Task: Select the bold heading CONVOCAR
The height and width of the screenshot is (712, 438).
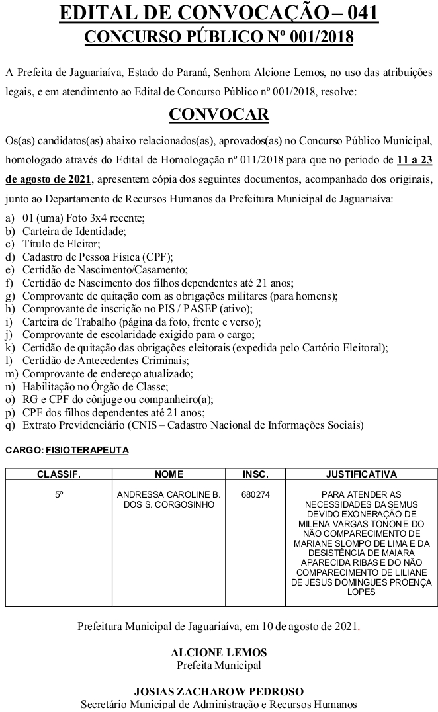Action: (219, 114)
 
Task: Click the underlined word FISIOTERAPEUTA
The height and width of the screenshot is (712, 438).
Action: (87, 450)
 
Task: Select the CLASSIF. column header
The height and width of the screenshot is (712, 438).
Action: (59, 474)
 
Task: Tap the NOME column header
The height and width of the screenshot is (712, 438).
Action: (169, 474)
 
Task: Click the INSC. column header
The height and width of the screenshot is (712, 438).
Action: (255, 474)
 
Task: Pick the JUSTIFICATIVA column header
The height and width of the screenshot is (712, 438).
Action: (361, 474)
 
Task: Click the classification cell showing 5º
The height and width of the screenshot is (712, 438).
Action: (59, 494)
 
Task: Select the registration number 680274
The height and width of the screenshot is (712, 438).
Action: (256, 494)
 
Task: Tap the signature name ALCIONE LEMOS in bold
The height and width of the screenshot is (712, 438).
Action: (218, 652)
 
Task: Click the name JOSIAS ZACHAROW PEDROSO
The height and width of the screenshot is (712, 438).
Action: (218, 692)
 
